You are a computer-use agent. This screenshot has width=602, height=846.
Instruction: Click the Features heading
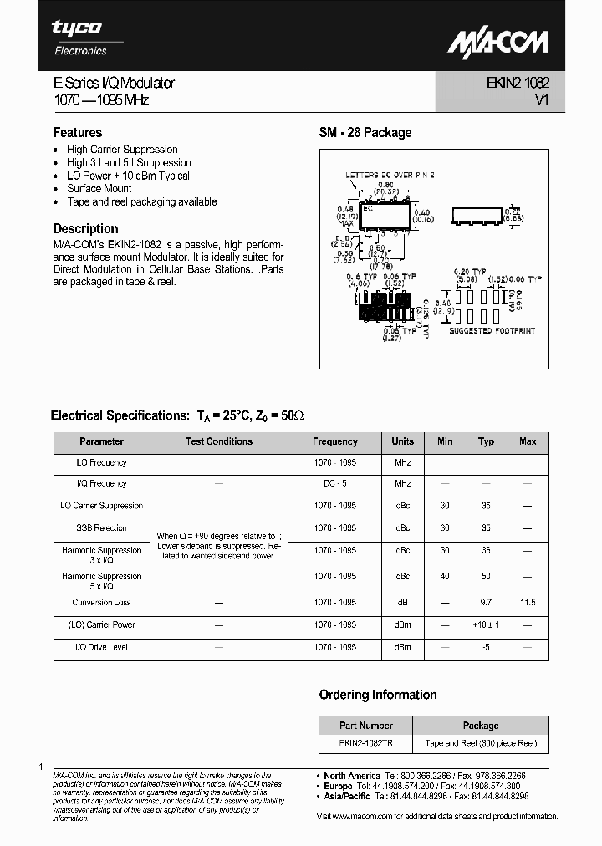[x=78, y=132]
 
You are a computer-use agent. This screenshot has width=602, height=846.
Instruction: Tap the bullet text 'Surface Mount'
[x=99, y=189]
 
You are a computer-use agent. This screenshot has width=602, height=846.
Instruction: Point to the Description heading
[x=85, y=228]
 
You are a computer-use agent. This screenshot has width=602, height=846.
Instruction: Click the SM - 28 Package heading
[x=365, y=132]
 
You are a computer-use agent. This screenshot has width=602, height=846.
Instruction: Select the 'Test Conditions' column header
[x=218, y=441]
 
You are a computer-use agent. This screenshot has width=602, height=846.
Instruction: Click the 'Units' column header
[x=402, y=441]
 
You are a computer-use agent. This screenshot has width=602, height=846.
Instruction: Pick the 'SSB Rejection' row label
[x=101, y=527]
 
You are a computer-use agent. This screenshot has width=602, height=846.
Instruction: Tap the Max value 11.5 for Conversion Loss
[x=528, y=602]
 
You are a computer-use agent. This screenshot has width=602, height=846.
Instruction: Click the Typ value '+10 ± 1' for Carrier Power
[x=486, y=624]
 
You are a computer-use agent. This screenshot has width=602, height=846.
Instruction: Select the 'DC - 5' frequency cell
[x=334, y=483]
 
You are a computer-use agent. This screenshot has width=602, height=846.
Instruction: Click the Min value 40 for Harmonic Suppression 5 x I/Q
[x=445, y=576]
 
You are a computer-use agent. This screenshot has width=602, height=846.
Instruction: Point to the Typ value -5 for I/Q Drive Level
[x=486, y=646]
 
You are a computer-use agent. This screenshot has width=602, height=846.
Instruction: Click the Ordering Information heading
[x=378, y=695]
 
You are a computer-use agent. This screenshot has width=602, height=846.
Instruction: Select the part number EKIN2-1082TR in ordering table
[x=365, y=742]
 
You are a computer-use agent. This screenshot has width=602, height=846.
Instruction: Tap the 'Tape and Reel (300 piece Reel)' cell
[x=481, y=742]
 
